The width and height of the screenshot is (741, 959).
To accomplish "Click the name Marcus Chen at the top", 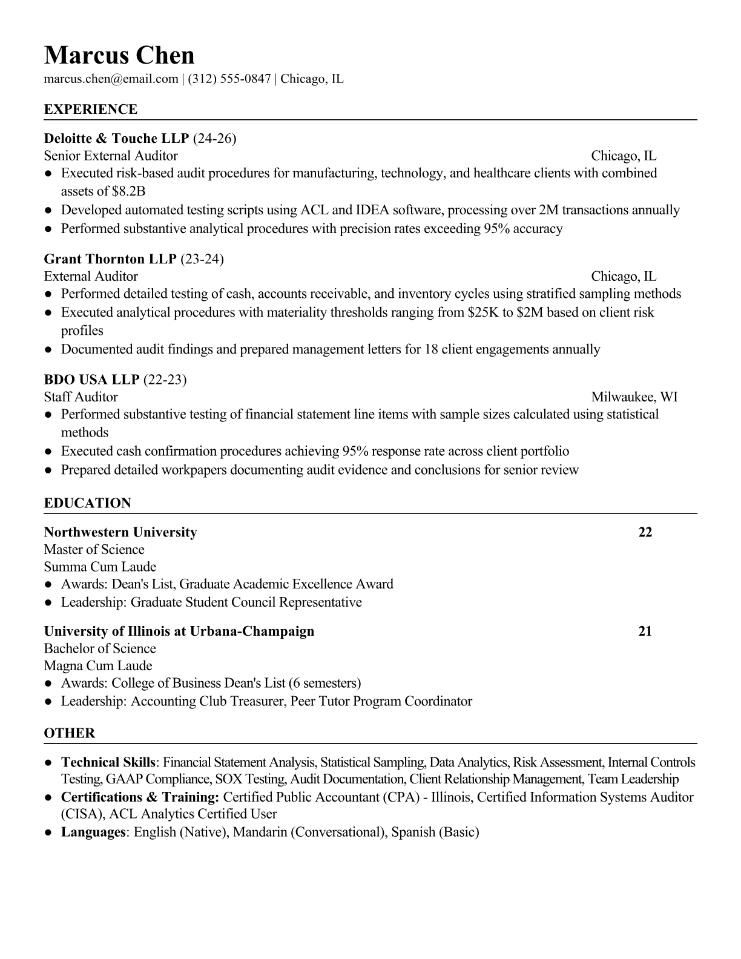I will pyautogui.click(x=119, y=55).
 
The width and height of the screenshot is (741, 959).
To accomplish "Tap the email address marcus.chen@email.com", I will pyautogui.click(x=111, y=79).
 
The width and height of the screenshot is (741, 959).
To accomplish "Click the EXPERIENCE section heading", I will pyautogui.click(x=91, y=110).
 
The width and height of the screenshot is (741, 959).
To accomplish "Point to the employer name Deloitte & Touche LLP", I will pyautogui.click(x=117, y=139).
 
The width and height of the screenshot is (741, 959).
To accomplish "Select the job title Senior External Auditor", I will pyautogui.click(x=111, y=156).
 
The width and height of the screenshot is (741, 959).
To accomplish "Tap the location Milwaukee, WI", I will pyautogui.click(x=634, y=397).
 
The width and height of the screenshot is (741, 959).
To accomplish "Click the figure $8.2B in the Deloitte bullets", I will pyautogui.click(x=129, y=191).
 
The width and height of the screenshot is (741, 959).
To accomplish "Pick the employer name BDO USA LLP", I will pyautogui.click(x=91, y=380).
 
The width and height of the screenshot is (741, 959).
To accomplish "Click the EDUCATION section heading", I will pyautogui.click(x=87, y=503).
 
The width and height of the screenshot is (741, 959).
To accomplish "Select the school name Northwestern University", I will pyautogui.click(x=120, y=532).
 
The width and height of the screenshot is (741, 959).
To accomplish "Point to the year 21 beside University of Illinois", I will pyautogui.click(x=645, y=631).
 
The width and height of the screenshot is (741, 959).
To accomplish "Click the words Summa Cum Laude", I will pyautogui.click(x=100, y=567).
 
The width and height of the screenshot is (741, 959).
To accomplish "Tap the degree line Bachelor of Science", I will pyautogui.click(x=100, y=648).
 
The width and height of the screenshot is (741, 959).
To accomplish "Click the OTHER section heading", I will pyautogui.click(x=70, y=733).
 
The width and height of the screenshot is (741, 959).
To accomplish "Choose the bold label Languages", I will pyautogui.click(x=93, y=832).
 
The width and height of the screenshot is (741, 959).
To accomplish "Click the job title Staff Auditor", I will pyautogui.click(x=81, y=397).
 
